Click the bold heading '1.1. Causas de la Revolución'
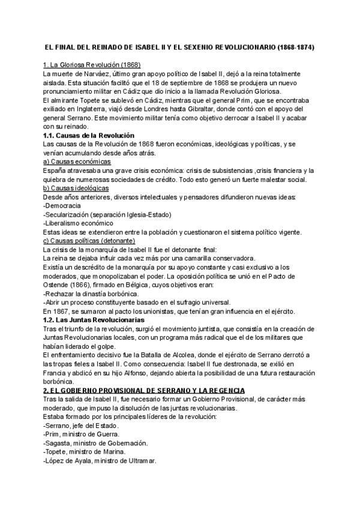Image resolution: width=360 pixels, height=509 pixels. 89,136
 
